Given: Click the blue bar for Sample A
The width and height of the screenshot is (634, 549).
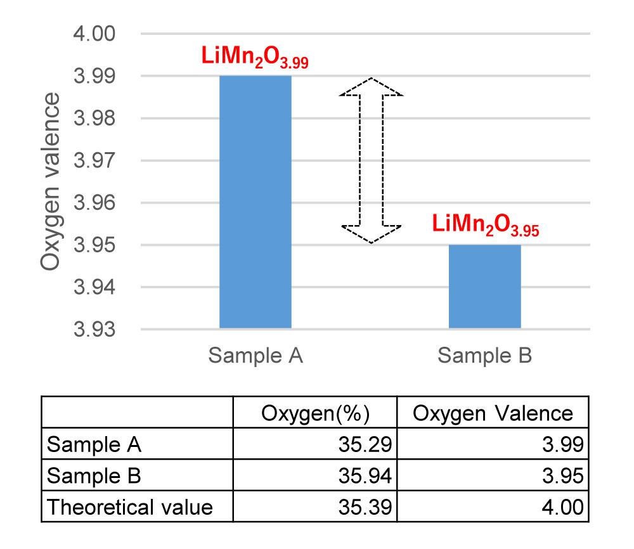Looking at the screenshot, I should coord(256,202).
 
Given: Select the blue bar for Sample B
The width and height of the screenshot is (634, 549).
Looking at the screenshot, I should coord(485,287).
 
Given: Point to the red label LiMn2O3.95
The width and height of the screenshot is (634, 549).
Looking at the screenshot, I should coord(486,226).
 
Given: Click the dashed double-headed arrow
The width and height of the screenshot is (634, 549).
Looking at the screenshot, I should coord(371,160).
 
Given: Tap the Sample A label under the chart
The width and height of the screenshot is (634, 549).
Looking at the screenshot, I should coord(256,356).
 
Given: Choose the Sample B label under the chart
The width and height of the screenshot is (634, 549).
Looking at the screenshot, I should coord(485,356).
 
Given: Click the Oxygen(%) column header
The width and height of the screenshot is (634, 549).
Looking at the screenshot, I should coord(315,413).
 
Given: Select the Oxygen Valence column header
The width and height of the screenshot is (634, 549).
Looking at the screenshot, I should coord(493,413).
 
